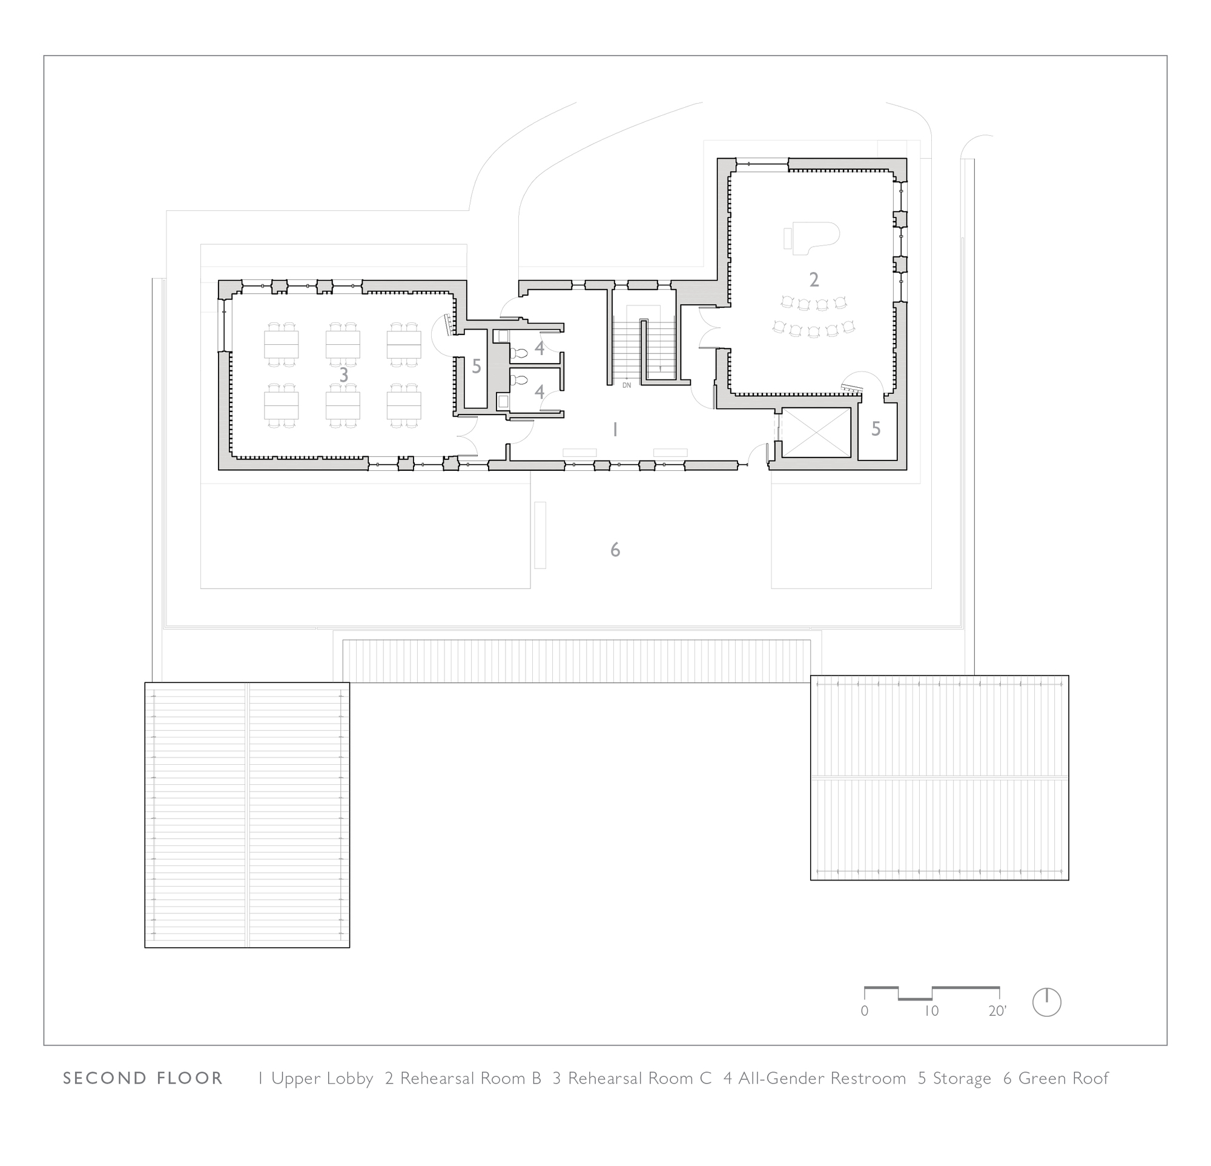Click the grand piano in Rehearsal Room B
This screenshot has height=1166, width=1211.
[x=814, y=238]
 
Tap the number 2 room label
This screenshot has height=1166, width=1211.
[x=814, y=280]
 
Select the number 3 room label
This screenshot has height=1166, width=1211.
[x=343, y=375]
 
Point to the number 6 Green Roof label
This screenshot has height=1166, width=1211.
[x=615, y=550]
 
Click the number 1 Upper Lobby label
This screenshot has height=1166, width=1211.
[x=615, y=430]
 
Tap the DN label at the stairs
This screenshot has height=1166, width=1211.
[x=627, y=385]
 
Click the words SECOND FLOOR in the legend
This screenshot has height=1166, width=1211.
[x=143, y=1079]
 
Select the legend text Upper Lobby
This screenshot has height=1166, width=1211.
[x=322, y=1079]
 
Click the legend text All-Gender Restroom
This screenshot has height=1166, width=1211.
[x=822, y=1079]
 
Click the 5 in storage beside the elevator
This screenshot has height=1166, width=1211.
[x=876, y=429]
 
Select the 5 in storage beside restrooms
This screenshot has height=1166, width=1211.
[x=476, y=367]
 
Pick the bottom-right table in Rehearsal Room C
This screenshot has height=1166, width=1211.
[x=404, y=405]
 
